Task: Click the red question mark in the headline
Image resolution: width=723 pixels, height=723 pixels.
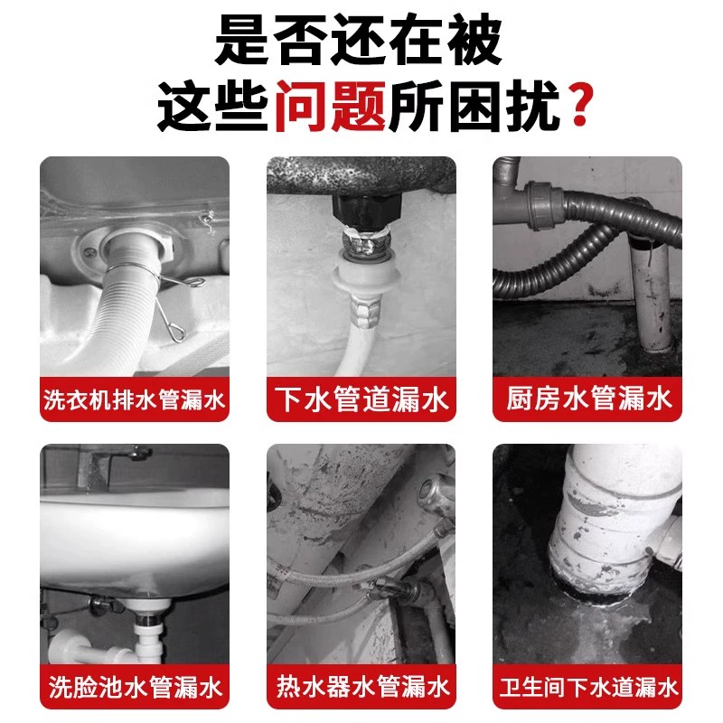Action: tap(580, 104)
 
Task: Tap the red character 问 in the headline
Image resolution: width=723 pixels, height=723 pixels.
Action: tap(303, 106)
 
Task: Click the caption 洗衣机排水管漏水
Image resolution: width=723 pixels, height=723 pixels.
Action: tap(134, 399)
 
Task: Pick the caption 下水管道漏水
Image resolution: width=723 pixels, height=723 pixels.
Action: tap(361, 399)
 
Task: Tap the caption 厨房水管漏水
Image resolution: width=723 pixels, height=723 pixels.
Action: tap(588, 399)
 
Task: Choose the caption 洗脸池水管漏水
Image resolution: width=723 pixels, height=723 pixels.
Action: tap(136, 687)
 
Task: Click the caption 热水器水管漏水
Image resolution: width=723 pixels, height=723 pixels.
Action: tap(362, 687)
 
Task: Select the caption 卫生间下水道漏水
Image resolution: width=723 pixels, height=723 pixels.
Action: tap(588, 687)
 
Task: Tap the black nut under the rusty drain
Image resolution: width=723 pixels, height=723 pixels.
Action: tap(367, 211)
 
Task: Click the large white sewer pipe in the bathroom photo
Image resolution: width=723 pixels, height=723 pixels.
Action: tap(614, 521)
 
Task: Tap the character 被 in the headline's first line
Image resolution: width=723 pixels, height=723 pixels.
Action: tap(475, 40)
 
